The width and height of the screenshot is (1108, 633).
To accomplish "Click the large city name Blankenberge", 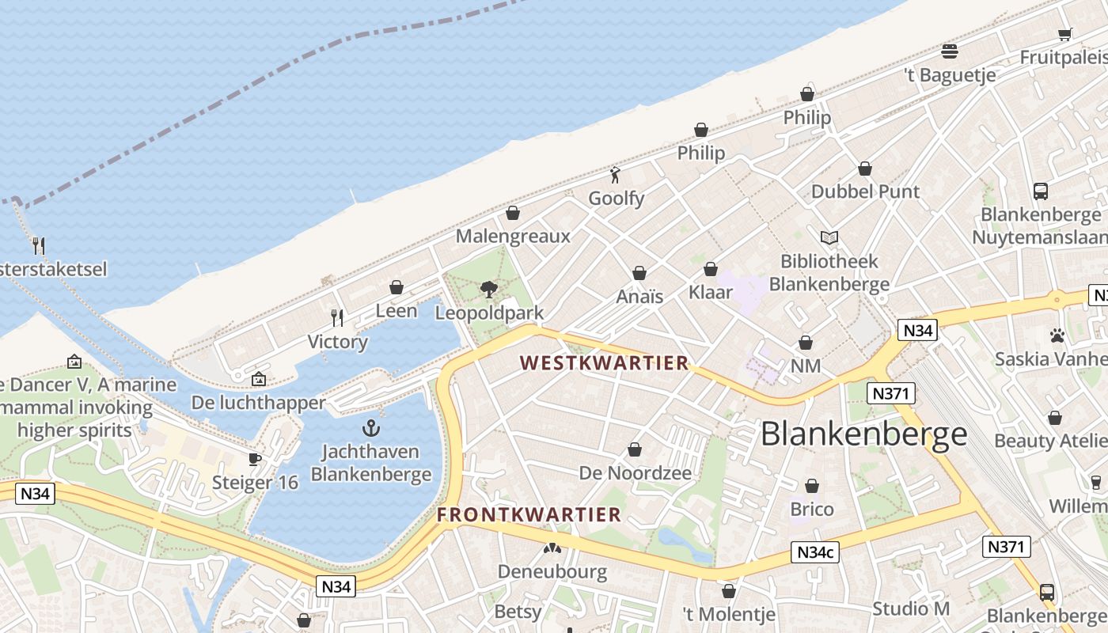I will point(863,434).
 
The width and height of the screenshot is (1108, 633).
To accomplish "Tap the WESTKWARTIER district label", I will point(604,363).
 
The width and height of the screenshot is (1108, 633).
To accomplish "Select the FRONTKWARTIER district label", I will point(529,514).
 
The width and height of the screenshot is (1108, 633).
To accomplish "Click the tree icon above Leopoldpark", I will point(489,290).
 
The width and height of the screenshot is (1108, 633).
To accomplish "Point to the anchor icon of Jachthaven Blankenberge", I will point(370,429).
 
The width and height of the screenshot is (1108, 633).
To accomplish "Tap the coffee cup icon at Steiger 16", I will point(255,459).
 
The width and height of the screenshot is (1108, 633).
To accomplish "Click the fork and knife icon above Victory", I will point(338,318).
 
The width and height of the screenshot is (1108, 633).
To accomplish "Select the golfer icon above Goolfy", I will point(616,175).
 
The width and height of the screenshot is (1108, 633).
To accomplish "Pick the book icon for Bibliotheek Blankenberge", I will point(829,237).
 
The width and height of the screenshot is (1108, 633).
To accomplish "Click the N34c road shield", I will point(815,553).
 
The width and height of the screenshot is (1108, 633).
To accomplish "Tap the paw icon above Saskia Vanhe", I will point(1057,335).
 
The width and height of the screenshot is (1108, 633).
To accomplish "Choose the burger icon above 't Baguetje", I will point(950,51).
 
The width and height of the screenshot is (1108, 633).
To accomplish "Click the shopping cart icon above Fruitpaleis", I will point(1064,34).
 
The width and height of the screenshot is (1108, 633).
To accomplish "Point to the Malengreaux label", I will point(513,237).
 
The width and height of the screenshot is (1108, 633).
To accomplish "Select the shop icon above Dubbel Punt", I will point(865,169).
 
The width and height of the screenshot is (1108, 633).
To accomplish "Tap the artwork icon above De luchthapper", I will point(258,379).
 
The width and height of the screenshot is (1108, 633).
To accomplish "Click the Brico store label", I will point(812,509).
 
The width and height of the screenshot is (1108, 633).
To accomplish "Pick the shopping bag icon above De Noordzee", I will point(635,450).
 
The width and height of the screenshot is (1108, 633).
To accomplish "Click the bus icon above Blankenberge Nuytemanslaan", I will point(1041,191).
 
